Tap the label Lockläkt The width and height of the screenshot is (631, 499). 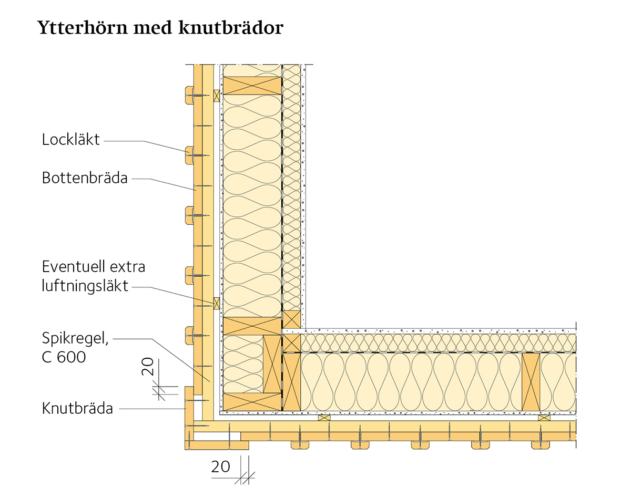pos(70,140)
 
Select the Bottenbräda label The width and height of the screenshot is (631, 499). pos(85,178)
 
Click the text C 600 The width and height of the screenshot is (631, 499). pos(64,358)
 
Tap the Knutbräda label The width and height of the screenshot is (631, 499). pos(77,408)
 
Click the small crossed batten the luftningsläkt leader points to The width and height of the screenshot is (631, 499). pos(216,303)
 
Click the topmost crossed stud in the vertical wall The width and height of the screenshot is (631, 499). pos(252,86)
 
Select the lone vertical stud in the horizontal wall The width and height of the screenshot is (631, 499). pos(531,381)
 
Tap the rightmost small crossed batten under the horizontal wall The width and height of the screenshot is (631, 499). pos(544,418)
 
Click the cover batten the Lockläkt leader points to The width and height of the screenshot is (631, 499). pos(189,154)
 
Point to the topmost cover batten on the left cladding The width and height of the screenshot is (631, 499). pos(189,94)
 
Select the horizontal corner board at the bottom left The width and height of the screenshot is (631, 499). pos(216,445)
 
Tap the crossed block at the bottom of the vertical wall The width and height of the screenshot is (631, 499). pos(252,402)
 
